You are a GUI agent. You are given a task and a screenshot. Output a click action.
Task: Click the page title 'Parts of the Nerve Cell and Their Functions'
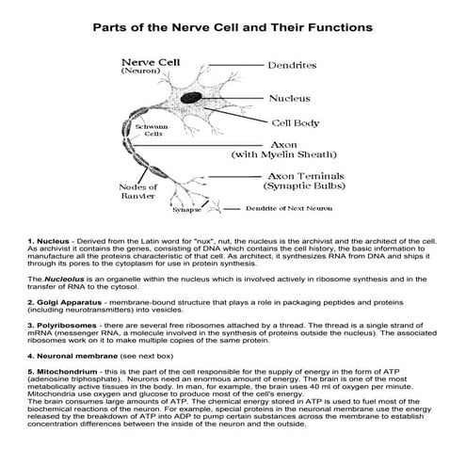233,27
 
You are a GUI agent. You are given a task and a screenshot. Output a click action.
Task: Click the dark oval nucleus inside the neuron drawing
192,97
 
